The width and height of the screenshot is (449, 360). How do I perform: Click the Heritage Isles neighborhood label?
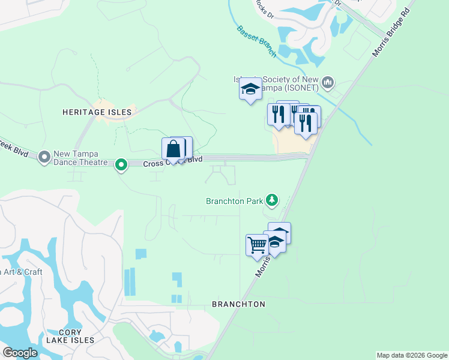coord(97,112)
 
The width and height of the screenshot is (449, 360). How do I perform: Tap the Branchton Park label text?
coord(234,201)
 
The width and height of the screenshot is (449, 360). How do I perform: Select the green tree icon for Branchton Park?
coord(273,200)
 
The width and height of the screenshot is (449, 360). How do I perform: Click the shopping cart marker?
coord(257,245)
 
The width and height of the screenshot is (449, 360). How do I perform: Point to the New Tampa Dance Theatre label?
coord(80,158)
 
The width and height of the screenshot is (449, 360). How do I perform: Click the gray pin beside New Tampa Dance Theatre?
coord(44,158)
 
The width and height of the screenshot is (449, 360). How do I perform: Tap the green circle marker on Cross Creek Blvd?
coord(121,164)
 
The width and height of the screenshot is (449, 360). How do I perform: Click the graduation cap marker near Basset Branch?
coord(250,90)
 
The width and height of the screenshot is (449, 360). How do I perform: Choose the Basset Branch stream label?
coord(256,41)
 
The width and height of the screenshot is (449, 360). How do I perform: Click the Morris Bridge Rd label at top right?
coord(394,33)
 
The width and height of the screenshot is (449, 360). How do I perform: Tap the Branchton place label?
coord(238,304)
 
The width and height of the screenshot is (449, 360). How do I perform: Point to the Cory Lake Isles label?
coord(77,336)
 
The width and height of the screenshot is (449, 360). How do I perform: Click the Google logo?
coord(20,353)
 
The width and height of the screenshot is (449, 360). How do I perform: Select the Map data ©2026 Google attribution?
coord(412,355)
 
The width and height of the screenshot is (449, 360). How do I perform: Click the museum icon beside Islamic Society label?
coord(328,82)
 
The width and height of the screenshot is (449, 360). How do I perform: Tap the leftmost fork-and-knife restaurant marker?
coord(278,114)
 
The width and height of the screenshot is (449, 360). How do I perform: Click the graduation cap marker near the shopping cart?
coord(275,242)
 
